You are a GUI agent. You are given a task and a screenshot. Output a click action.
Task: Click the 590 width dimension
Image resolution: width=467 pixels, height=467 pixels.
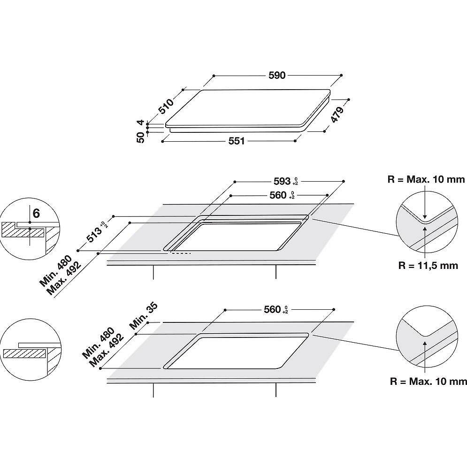point(277,76)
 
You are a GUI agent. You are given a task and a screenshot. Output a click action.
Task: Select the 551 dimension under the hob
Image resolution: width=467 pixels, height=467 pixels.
point(237,141)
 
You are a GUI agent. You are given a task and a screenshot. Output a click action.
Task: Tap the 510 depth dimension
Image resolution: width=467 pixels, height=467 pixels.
point(166,106)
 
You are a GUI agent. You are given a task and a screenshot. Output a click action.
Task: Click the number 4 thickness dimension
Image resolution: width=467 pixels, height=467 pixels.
point(140,123)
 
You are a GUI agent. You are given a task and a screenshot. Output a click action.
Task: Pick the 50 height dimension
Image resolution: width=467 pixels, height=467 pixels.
point(140,138)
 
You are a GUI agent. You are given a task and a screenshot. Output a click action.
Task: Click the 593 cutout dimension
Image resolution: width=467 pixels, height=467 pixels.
point(282,180)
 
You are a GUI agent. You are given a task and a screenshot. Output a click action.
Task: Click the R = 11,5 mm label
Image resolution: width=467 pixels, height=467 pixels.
point(428,266)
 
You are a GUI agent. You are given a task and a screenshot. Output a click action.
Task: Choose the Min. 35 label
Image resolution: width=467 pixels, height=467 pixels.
point(144,315)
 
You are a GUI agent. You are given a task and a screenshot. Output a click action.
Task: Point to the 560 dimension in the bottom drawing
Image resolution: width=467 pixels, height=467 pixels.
point(272,309)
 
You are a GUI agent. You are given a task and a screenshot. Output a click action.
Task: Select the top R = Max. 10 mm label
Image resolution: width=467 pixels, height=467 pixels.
point(426,179)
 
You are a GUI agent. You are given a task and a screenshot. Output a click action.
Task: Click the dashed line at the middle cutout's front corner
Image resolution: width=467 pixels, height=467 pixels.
point(180,253)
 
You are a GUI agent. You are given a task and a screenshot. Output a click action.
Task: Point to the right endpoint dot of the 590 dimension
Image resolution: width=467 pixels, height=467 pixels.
point(341,75)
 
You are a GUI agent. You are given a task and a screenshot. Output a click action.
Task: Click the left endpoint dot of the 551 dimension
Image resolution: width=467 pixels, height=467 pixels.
point(162,140)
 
